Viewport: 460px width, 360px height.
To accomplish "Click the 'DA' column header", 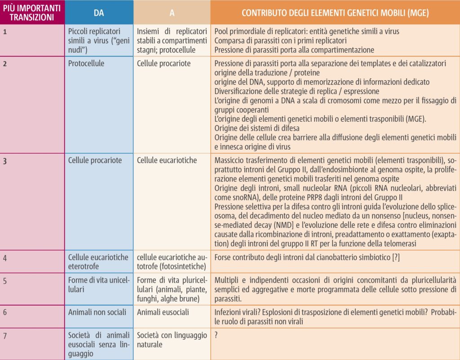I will pos(99,13).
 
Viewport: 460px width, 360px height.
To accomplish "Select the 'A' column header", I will pos(172,13).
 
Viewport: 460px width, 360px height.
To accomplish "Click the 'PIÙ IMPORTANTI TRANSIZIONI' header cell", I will pos(32,13).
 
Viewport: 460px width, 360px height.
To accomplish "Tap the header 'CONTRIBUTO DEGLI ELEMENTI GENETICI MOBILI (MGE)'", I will pos(335,13).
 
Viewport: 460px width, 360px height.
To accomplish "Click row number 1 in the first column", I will pos(5,31).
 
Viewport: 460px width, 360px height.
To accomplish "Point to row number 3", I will pos(5,160).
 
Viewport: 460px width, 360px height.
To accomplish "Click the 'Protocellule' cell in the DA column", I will pos(86,63).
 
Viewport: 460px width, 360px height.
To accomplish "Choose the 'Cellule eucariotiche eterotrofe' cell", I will pos(98,262).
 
